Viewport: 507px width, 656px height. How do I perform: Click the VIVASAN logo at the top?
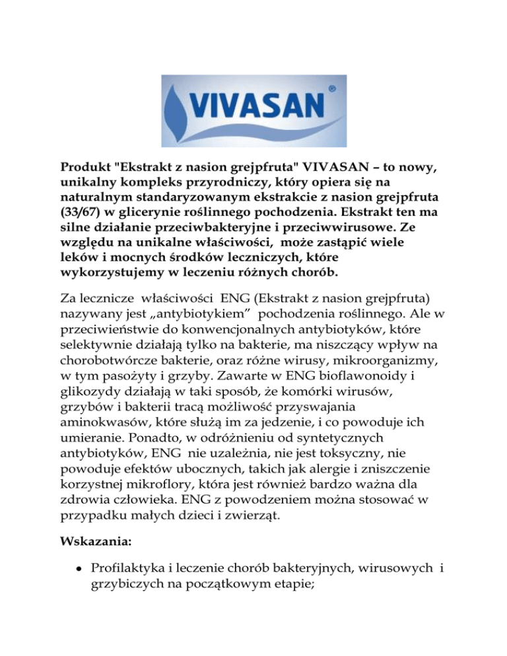click(253, 110)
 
